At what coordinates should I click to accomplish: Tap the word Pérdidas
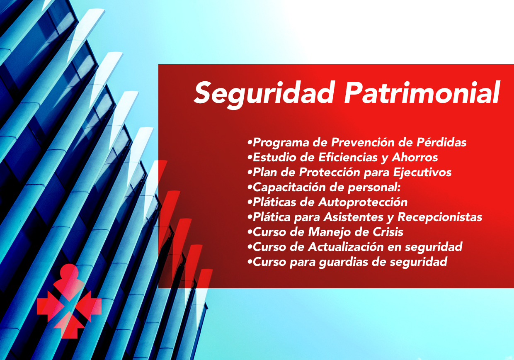coord(441,142)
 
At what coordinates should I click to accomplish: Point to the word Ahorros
coord(415,157)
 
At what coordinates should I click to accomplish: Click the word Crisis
coord(388,232)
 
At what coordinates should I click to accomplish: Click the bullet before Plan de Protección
coord(250,173)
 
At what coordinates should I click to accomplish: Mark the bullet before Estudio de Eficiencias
coord(250,158)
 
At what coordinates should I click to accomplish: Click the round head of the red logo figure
coord(69,271)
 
